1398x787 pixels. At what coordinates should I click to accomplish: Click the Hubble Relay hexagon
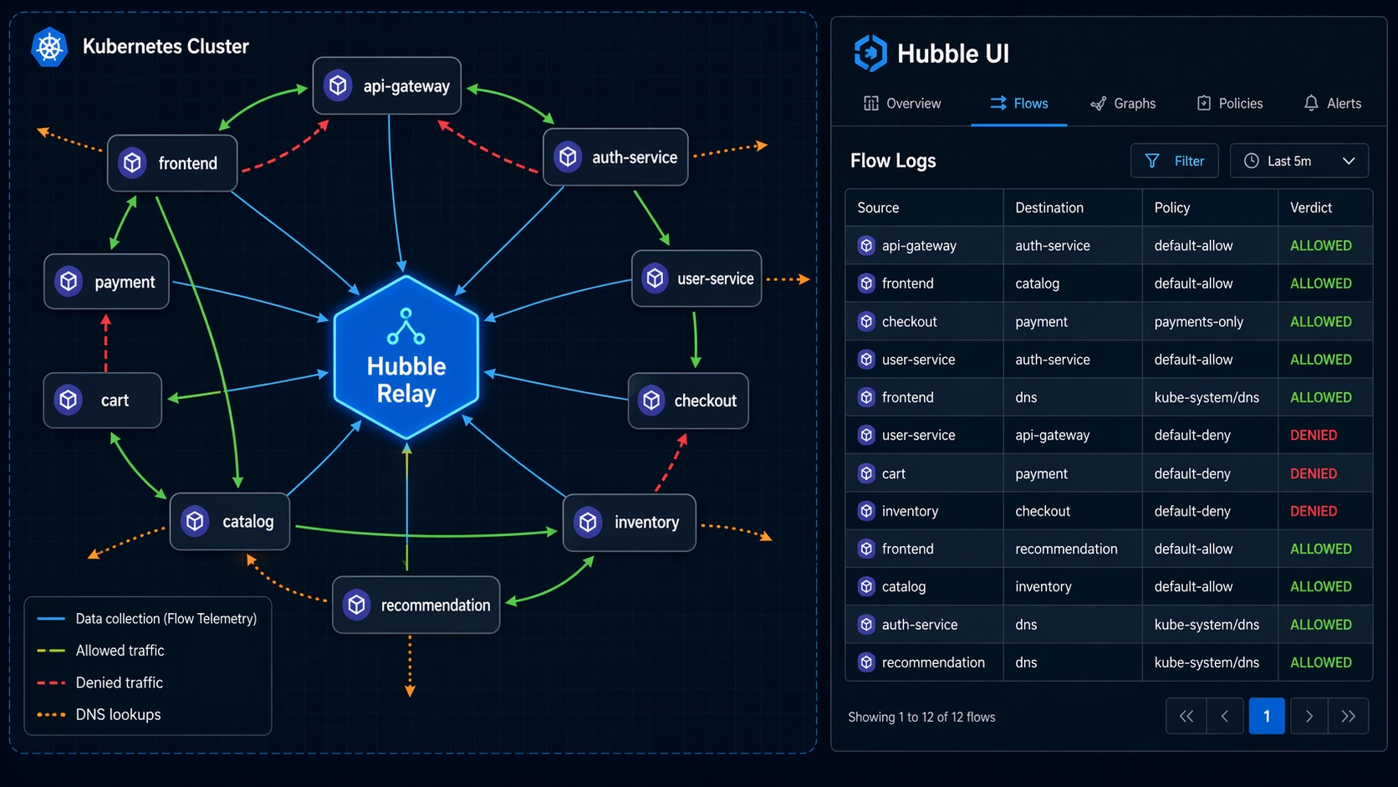pos(406,357)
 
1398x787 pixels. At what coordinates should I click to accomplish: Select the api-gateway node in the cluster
pos(387,85)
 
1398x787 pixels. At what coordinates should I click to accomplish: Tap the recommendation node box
pos(416,605)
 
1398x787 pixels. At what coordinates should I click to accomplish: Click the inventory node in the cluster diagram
pos(630,523)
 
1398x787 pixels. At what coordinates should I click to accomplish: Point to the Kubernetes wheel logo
pos(49,47)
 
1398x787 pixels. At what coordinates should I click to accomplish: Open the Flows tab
pos(1018,104)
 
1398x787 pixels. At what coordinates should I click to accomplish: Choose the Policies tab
pos(1230,104)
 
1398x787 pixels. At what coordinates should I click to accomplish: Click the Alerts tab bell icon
pos(1311,104)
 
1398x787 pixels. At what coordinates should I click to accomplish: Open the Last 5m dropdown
pos(1299,161)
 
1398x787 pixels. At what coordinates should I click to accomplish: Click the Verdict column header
pos(1311,207)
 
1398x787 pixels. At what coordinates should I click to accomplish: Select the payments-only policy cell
pos(1198,322)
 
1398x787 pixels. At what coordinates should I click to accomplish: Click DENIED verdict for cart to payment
pos(1314,473)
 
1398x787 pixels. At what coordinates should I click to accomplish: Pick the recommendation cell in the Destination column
pos(1066,549)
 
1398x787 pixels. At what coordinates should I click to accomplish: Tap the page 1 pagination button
pos(1266,716)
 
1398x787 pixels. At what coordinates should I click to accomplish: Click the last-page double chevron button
pos(1348,716)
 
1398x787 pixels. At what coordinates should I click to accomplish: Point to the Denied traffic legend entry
pos(119,682)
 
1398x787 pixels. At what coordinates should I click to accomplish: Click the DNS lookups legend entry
pos(118,714)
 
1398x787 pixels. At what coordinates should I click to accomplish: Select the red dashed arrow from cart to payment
pos(106,343)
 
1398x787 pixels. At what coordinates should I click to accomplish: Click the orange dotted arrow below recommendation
pos(410,665)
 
